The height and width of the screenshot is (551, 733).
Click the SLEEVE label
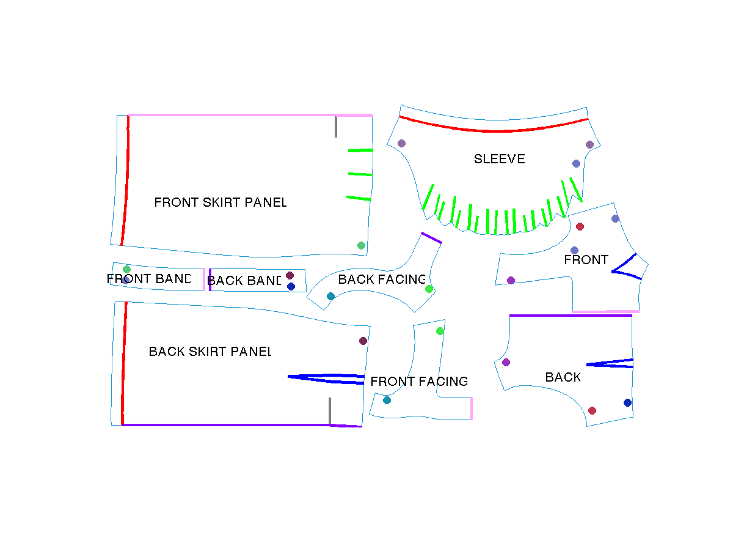click(499, 159)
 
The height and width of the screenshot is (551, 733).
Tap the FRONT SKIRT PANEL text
click(220, 202)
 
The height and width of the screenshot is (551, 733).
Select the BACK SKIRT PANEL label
click(210, 352)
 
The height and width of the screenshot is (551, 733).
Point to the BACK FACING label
click(381, 279)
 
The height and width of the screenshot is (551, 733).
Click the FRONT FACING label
click(419, 381)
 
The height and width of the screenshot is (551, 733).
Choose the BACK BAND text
click(244, 281)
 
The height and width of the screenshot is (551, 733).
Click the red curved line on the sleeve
click(494, 130)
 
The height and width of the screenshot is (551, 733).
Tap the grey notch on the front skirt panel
click(336, 127)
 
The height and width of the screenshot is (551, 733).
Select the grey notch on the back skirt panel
click(330, 411)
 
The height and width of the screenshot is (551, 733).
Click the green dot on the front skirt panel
click(361, 246)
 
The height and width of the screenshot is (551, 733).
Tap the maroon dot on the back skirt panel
click(363, 341)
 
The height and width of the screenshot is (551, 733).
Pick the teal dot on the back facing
click(330, 296)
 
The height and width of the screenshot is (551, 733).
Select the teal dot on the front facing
click(387, 400)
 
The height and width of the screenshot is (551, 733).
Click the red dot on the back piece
click(592, 410)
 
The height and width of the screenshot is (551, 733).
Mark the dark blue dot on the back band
click(291, 287)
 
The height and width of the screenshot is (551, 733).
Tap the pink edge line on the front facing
click(472, 409)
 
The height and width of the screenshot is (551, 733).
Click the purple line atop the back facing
click(431, 238)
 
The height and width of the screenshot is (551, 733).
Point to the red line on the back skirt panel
click(124, 363)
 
